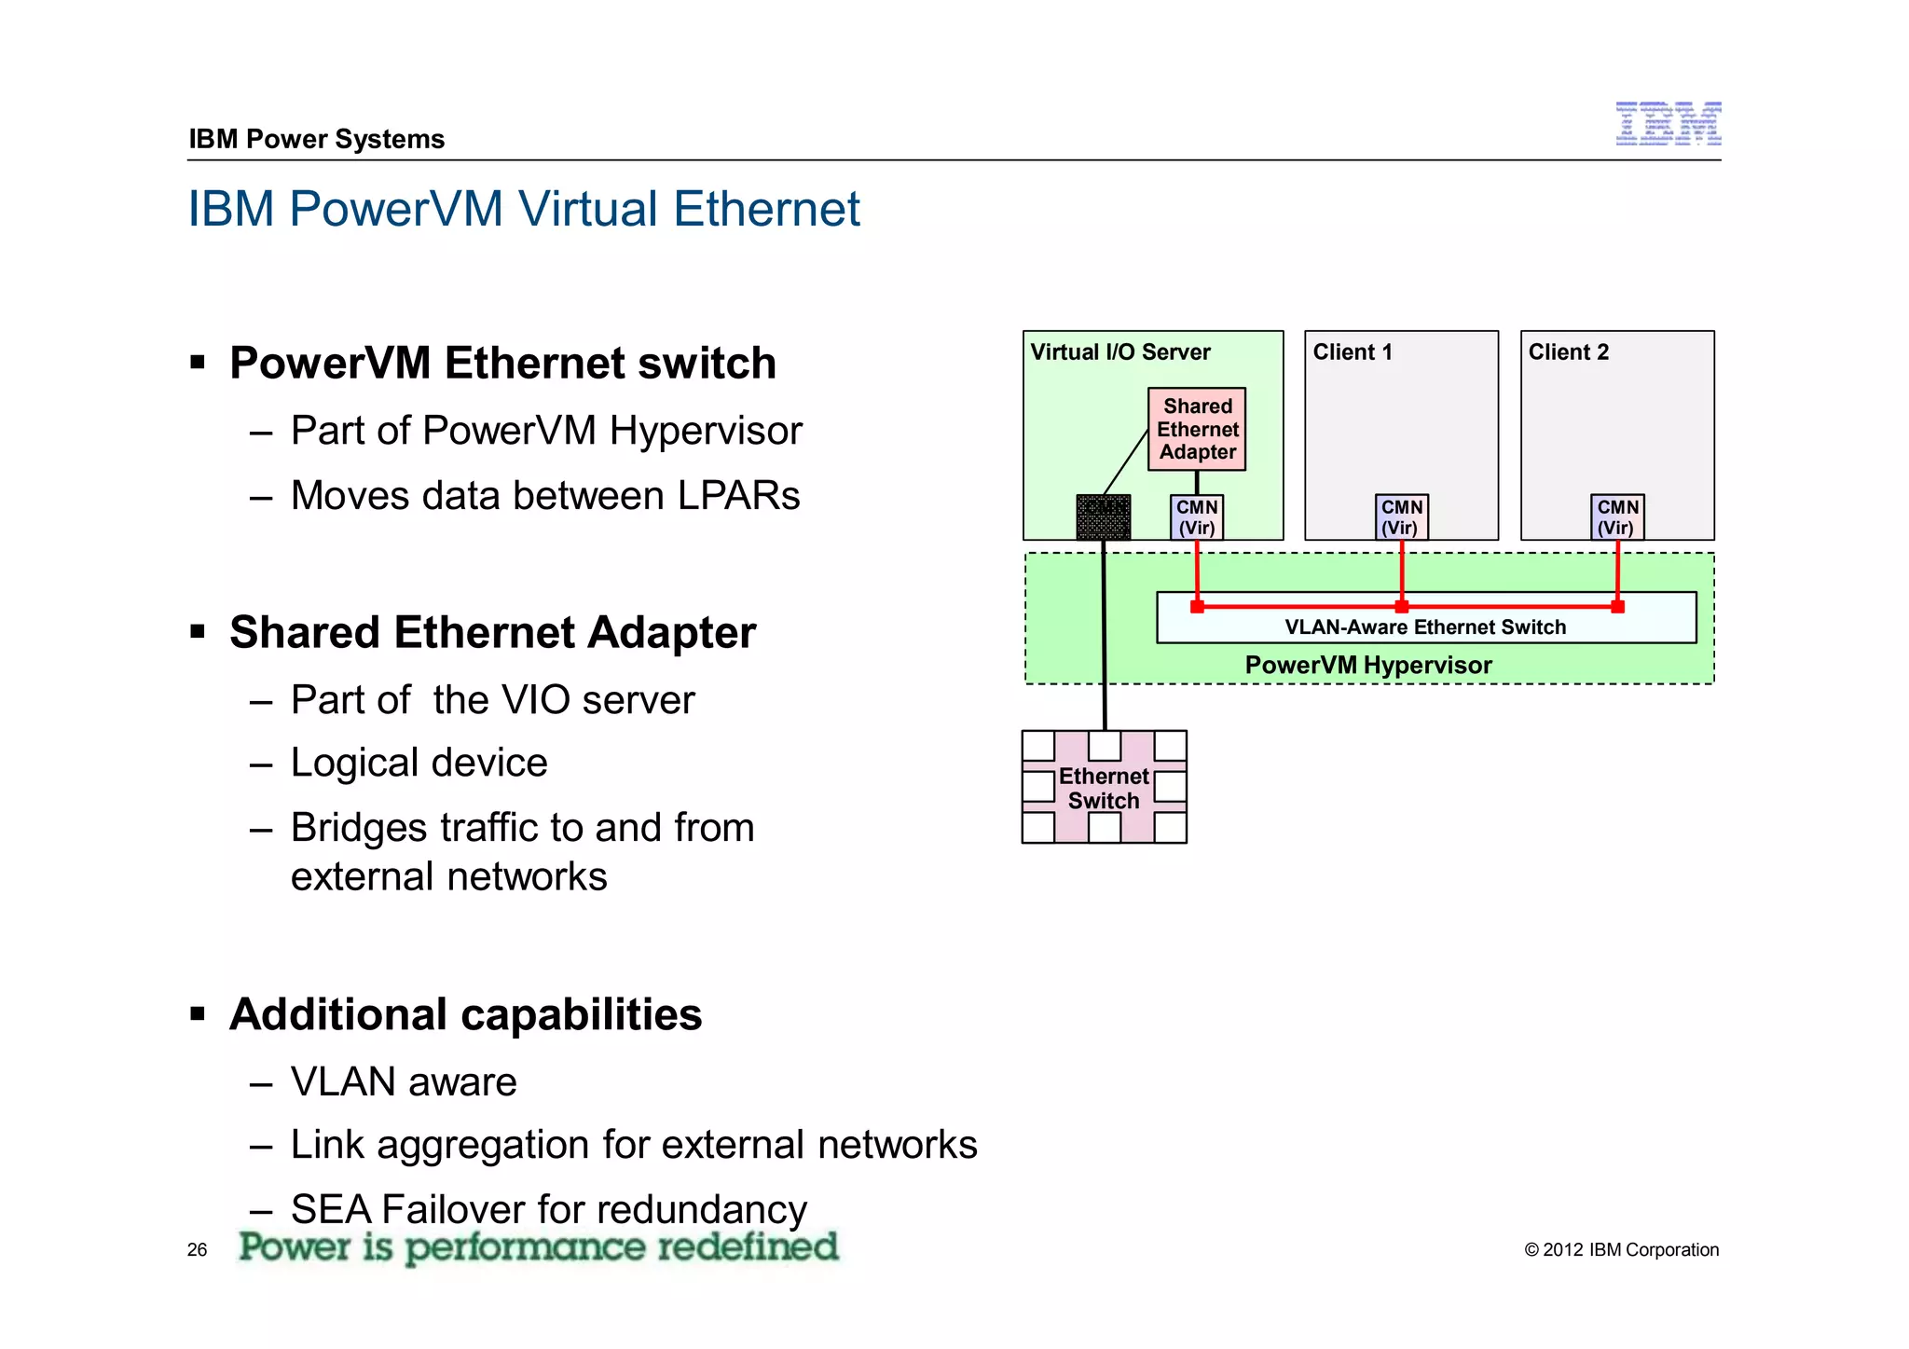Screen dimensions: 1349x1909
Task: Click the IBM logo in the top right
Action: pyautogui.click(x=1668, y=124)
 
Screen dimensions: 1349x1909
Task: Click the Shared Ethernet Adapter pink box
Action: pyautogui.click(x=1197, y=429)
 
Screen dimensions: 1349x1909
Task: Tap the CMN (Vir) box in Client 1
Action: pyautogui.click(x=1401, y=517)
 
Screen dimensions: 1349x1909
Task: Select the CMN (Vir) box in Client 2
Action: pyautogui.click(x=1617, y=517)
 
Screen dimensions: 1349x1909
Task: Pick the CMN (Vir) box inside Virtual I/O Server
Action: pyautogui.click(x=1197, y=517)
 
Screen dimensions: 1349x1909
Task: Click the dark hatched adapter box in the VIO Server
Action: pyautogui.click(x=1104, y=517)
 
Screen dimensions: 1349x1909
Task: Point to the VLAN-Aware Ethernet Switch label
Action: pyautogui.click(x=1425, y=627)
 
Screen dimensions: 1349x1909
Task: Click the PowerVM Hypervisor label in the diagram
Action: pyautogui.click(x=1368, y=666)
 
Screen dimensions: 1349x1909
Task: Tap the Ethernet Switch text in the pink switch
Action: pyautogui.click(x=1104, y=789)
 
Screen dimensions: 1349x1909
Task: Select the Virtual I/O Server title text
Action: pyautogui.click(x=1119, y=352)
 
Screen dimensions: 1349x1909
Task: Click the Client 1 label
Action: pyautogui.click(x=1352, y=352)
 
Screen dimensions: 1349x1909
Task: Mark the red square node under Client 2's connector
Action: pyautogui.click(x=1617, y=607)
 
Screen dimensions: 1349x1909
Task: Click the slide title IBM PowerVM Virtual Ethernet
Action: pyautogui.click(x=524, y=209)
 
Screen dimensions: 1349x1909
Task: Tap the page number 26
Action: pyautogui.click(x=197, y=1250)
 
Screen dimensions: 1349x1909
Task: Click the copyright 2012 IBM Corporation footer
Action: pyautogui.click(x=1621, y=1250)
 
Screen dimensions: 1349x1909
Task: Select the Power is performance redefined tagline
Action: pyautogui.click(x=538, y=1247)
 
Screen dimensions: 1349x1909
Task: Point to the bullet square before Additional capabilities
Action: pyautogui.click(x=198, y=1013)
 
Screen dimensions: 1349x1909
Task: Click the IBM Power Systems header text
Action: pyautogui.click(x=316, y=139)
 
